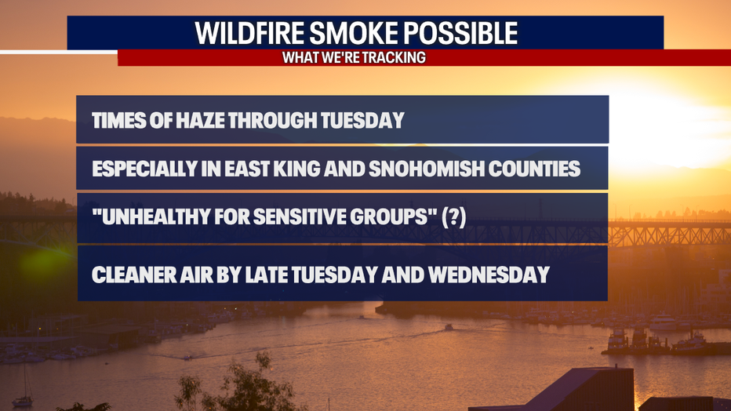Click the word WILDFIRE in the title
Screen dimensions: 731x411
[249, 33]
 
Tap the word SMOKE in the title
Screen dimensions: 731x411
[354, 33]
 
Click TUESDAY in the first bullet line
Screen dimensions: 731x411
[362, 120]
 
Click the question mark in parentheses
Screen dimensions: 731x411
[454, 217]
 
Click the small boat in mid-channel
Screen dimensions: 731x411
[449, 328]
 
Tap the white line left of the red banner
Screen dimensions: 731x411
[59, 52]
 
